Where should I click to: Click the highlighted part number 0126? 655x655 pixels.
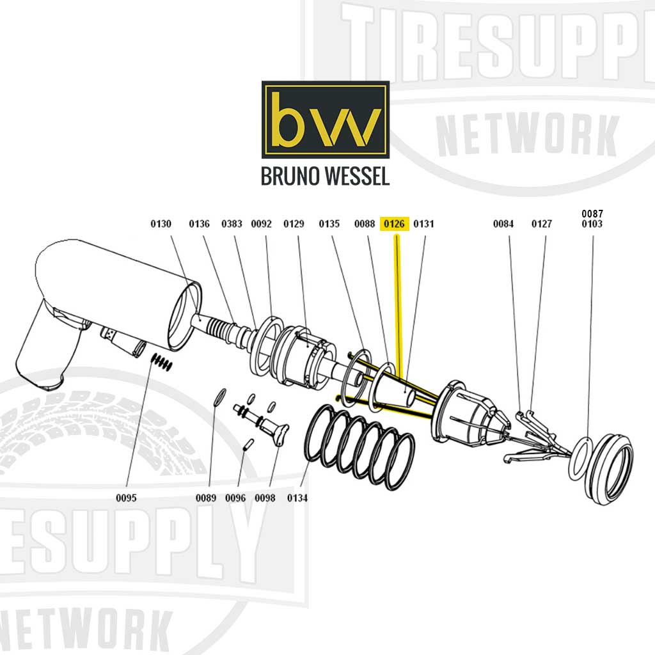394,224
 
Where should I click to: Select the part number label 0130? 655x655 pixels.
161,224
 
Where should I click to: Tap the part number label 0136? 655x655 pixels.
199,224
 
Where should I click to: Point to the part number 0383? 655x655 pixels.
232,224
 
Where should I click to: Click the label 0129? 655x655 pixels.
294,224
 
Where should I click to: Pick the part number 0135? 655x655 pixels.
329,224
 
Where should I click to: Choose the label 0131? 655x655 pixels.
423,224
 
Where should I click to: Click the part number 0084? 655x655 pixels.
503,224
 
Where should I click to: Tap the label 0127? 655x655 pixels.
542,224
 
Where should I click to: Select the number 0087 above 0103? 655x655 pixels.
592,214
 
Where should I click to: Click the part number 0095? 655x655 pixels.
127,498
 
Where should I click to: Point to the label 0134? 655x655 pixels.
297,498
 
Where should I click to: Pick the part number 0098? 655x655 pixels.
265,498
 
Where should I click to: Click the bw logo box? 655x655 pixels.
325,120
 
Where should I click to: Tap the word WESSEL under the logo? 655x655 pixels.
354,177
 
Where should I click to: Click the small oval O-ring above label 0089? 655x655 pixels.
219,397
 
